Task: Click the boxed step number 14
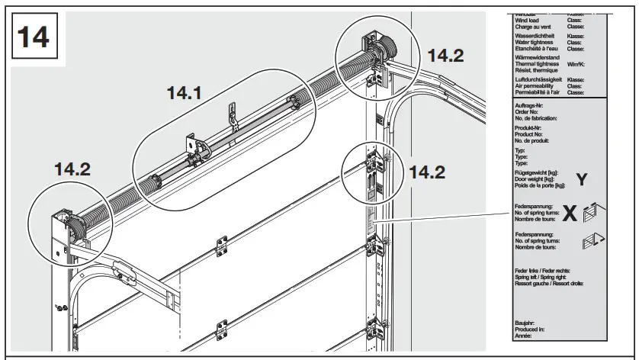[32, 38]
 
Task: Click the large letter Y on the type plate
[581, 180]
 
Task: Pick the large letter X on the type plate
[570, 214]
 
